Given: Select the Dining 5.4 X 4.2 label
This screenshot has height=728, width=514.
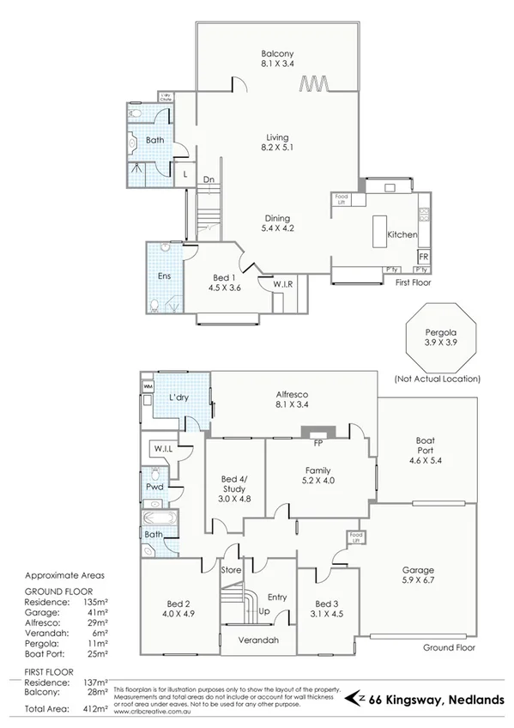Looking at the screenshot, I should point(276,223).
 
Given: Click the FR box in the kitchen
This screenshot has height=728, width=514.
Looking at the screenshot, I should point(423,257).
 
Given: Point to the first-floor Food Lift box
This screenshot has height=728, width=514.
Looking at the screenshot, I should point(341,199).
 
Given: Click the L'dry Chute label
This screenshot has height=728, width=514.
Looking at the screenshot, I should point(162,98).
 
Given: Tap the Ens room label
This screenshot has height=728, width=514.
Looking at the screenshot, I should point(163,277).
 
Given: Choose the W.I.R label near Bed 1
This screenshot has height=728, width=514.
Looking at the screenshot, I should point(284,284).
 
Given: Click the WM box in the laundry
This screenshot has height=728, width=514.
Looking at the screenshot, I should point(148,386).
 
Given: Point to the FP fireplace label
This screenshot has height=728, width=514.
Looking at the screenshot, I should point(318,443).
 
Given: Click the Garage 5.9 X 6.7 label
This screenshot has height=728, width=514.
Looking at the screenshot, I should point(419,575).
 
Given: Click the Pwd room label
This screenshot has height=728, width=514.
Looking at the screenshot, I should point(154,487).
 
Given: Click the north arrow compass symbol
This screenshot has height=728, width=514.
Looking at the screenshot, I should point(353,699).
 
